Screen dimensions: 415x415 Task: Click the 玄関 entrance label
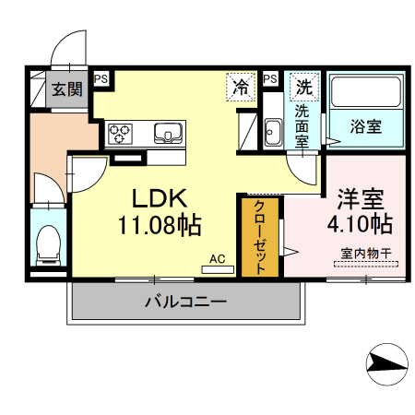pyautogui.click(x=65, y=89)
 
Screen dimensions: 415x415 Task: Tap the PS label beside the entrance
pyautogui.click(x=101, y=80)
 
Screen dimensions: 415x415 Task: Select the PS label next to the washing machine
pyautogui.click(x=270, y=80)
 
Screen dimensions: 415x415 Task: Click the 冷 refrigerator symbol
pyautogui.click(x=241, y=88)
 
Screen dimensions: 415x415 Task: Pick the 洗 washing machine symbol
pyautogui.click(x=303, y=88)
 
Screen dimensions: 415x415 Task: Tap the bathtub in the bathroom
pyautogui.click(x=368, y=94)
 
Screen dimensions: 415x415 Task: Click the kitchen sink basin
pyautogui.click(x=169, y=133)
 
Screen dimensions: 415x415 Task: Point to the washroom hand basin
pyautogui.click(x=273, y=132)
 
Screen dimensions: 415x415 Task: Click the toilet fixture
pyautogui.click(x=45, y=243)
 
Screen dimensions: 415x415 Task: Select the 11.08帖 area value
pyautogui.click(x=159, y=224)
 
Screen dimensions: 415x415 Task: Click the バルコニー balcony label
pyautogui.click(x=184, y=301)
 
